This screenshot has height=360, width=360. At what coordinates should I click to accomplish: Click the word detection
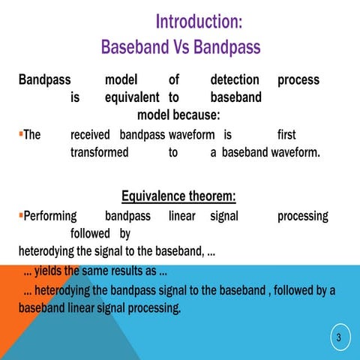[x=235, y=79]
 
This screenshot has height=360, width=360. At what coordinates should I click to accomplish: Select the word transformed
[x=98, y=152]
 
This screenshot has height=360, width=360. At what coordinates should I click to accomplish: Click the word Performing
[x=50, y=216]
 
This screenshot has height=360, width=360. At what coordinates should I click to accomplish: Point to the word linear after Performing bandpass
[x=181, y=216]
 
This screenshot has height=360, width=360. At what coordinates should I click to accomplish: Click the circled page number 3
[x=338, y=338]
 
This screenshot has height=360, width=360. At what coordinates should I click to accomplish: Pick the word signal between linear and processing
[x=224, y=216]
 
